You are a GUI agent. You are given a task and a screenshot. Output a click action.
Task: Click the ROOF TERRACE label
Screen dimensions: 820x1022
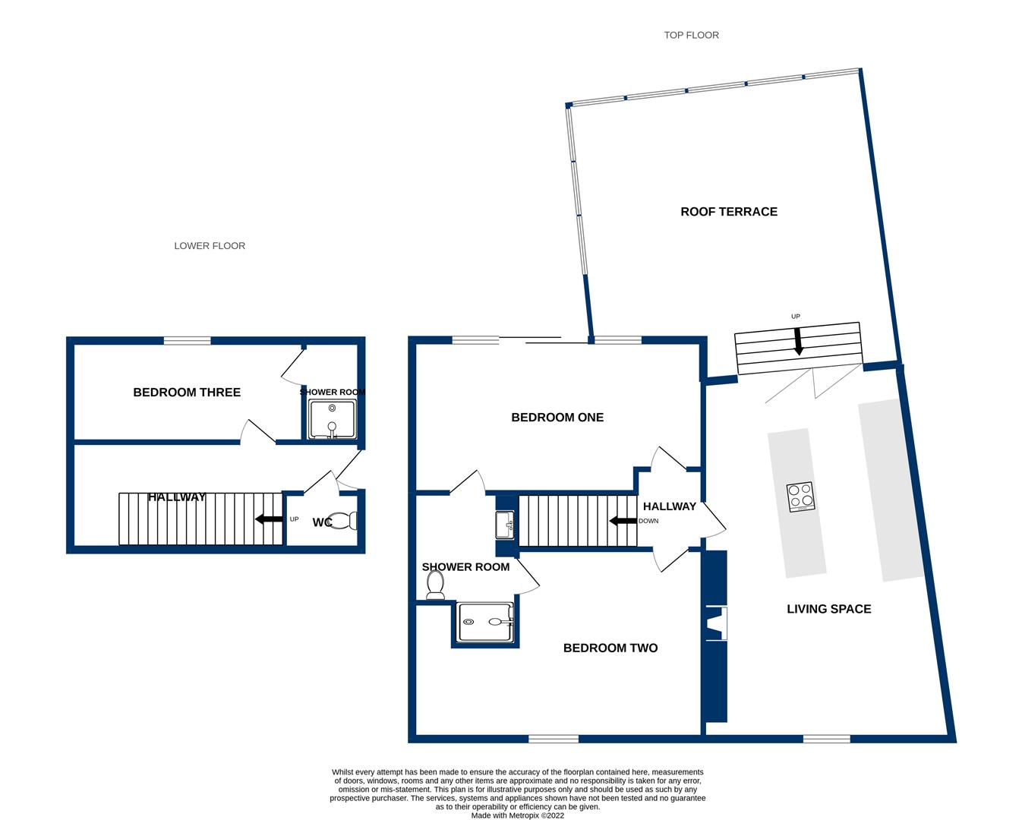[728, 212]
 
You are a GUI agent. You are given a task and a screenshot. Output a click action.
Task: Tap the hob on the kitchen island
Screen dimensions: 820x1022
[800, 497]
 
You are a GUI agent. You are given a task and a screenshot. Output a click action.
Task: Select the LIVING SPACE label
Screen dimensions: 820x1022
[828, 609]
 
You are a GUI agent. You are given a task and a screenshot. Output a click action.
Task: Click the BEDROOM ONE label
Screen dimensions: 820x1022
[557, 417]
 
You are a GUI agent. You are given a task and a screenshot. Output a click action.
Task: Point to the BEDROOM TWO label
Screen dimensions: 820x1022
[610, 648]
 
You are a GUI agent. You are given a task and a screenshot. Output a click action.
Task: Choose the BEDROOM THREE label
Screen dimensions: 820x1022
[187, 393]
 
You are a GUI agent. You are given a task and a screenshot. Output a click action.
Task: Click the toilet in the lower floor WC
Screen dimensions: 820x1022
[347, 521]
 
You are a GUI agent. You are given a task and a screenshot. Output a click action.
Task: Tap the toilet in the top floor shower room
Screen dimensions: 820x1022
[435, 585]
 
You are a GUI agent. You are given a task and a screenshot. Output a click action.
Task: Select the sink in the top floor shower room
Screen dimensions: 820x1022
[505, 525]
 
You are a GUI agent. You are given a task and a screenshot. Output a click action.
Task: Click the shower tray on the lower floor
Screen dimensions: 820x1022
[333, 419]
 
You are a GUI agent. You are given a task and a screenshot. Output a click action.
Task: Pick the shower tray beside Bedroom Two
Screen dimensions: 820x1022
[486, 623]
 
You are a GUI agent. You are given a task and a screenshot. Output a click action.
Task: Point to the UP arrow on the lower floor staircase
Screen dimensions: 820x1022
[270, 519]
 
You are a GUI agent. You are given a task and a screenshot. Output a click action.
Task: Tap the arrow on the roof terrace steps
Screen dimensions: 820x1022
[798, 342]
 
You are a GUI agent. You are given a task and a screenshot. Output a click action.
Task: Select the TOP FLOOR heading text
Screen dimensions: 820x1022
[691, 35]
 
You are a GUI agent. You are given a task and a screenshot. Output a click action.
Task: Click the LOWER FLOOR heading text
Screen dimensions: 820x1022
[210, 246]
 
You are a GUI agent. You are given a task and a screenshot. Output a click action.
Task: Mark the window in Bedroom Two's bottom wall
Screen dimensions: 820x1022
[554, 738]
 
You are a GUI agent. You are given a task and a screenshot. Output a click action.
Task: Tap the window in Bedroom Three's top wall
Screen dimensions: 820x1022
[188, 341]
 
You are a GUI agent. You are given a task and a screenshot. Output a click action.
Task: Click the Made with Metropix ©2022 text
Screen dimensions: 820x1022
[517, 815]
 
